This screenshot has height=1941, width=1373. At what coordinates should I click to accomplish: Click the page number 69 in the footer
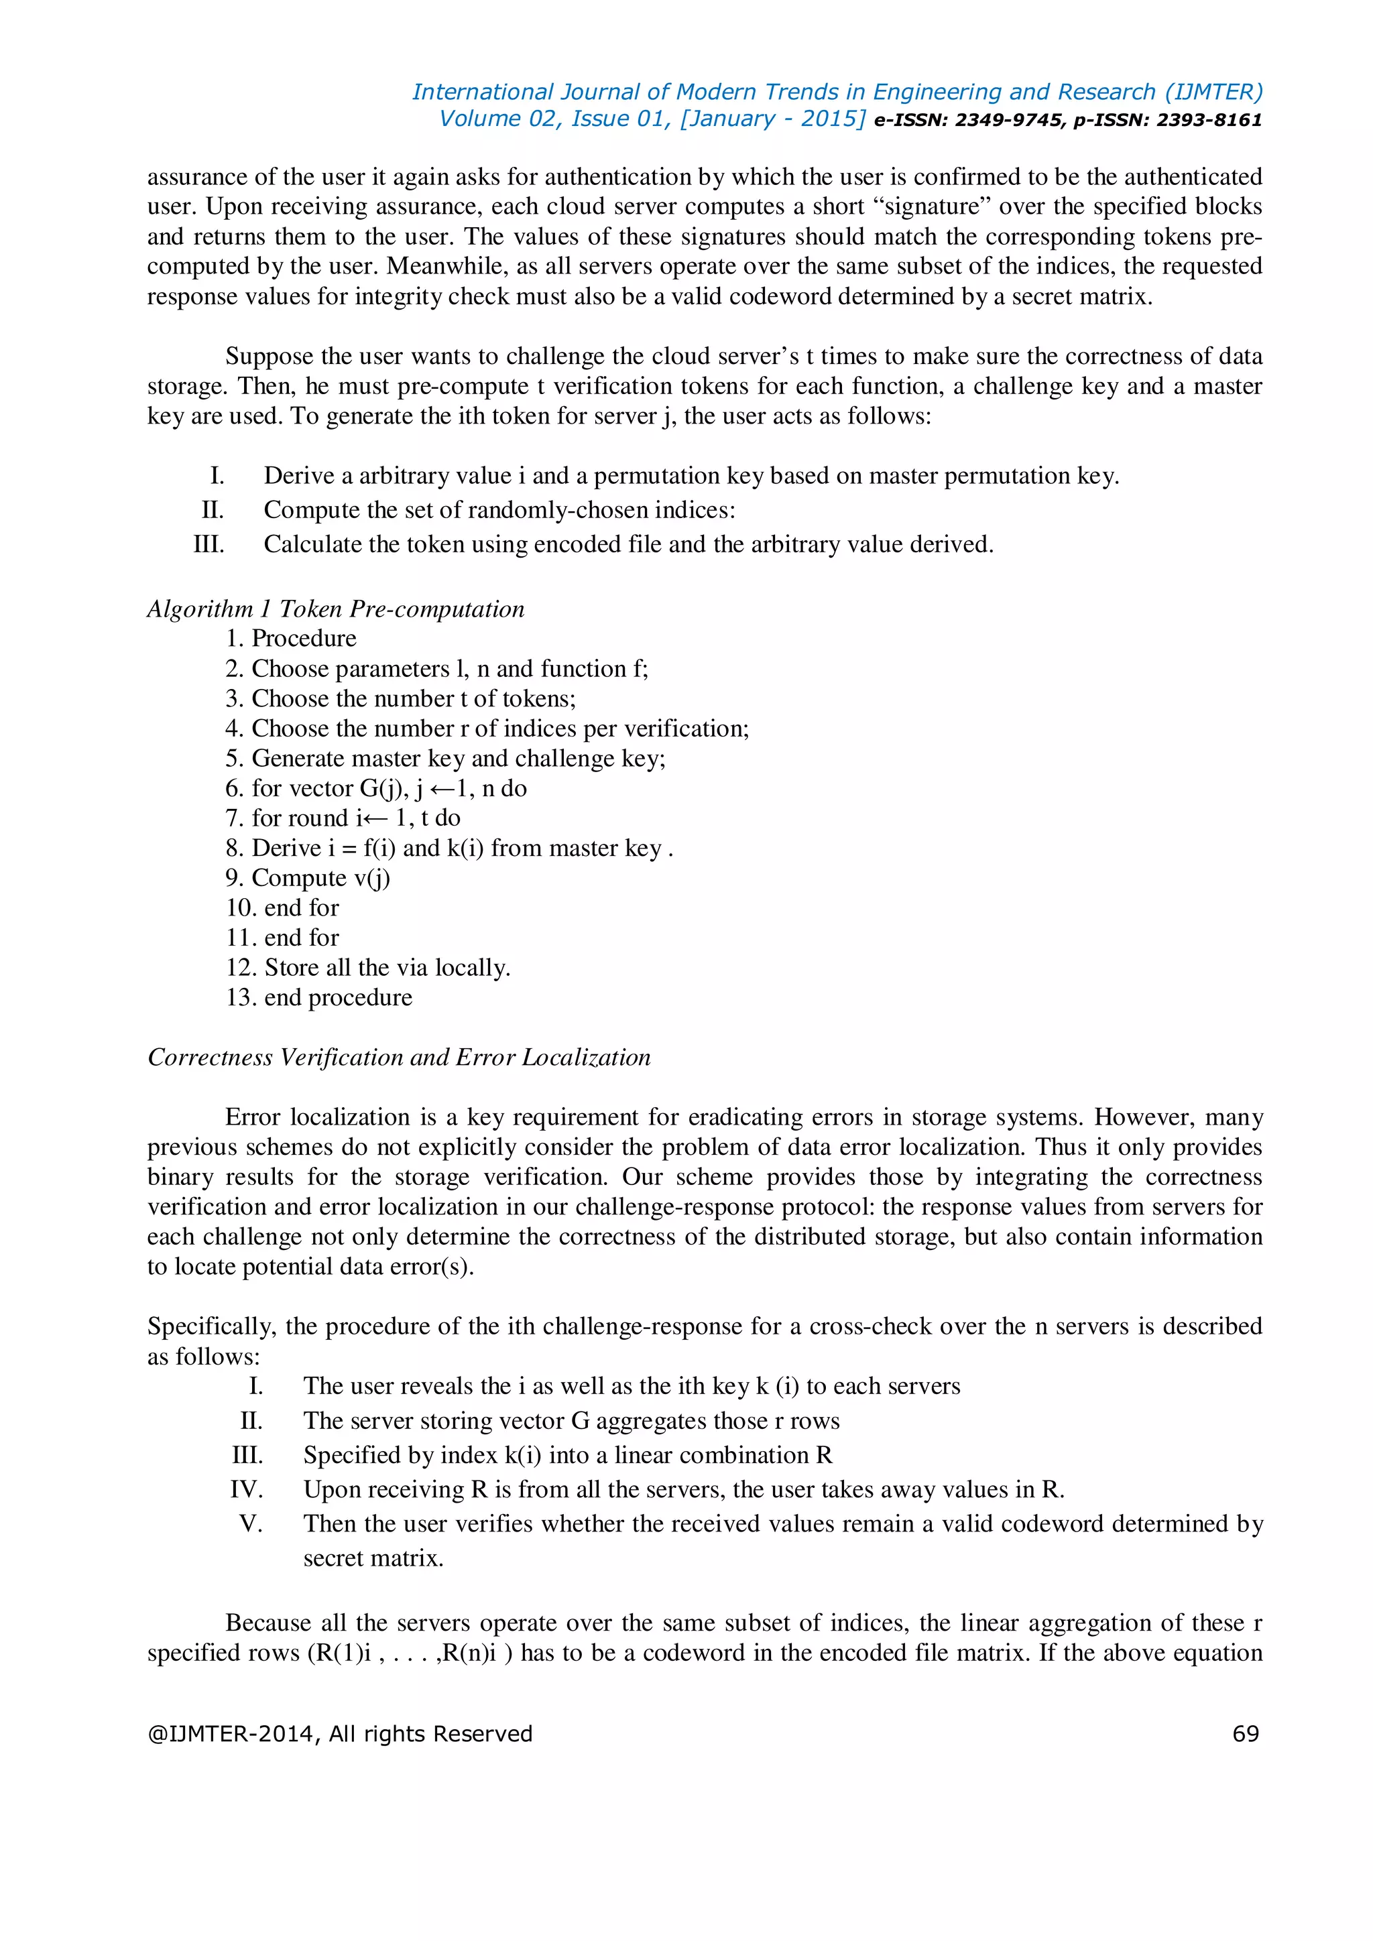tap(1246, 1733)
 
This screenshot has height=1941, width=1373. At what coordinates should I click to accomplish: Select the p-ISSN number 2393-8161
tap(1209, 120)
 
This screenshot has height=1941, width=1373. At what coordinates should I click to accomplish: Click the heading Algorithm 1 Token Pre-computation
tap(336, 609)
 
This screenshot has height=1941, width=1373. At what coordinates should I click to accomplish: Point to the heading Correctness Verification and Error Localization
tap(399, 1057)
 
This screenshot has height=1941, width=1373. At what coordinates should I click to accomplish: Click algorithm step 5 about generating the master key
tap(446, 758)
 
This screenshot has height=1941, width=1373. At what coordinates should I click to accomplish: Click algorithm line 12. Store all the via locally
tap(368, 967)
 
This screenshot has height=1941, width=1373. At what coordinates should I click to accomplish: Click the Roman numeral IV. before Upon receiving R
tap(246, 1489)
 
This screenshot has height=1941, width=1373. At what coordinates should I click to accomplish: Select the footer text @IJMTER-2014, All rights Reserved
tap(340, 1733)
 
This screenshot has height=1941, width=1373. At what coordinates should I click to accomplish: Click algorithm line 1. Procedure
tap(291, 638)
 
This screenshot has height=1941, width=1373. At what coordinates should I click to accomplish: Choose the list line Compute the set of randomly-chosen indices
tap(499, 510)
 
